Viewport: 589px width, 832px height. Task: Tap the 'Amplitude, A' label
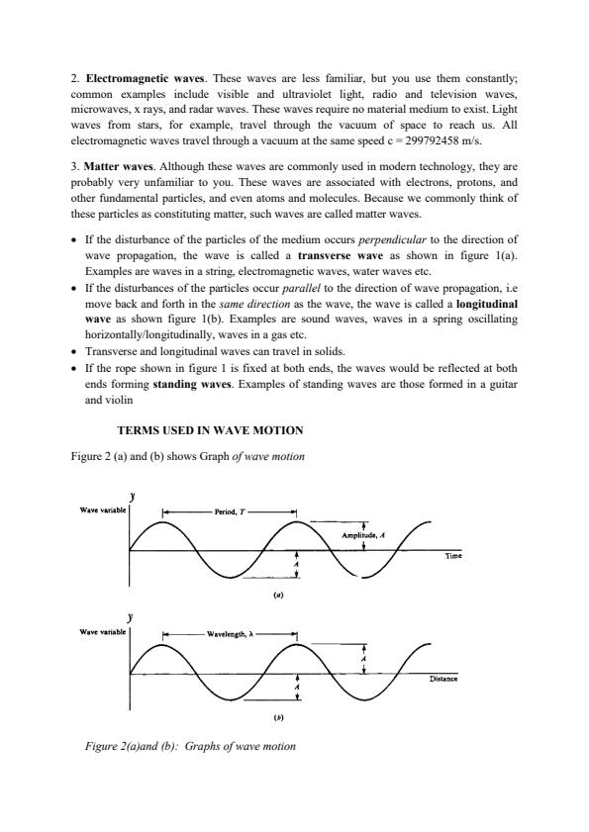point(363,534)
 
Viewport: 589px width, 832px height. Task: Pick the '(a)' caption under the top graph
point(278,597)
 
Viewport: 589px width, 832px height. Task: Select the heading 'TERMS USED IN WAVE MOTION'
point(210,430)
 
